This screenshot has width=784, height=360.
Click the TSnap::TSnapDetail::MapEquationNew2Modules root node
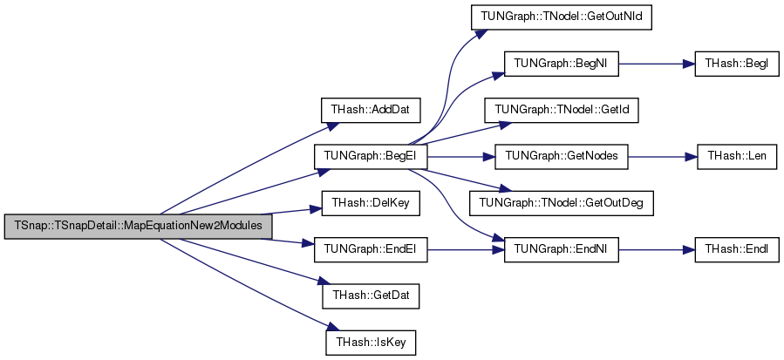(x=139, y=226)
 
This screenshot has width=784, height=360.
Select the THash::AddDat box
(x=370, y=110)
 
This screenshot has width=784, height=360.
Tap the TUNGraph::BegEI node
(x=371, y=157)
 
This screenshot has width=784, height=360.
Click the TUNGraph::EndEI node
(x=371, y=249)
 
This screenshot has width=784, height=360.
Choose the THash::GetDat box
(x=370, y=296)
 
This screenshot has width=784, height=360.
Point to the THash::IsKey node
(x=371, y=343)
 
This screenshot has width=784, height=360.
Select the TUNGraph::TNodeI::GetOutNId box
(x=561, y=17)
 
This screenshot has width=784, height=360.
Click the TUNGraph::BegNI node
(x=561, y=64)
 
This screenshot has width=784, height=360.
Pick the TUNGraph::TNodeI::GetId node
(x=561, y=110)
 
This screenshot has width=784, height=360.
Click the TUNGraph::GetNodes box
(x=561, y=157)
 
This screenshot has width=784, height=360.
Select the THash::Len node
(x=737, y=157)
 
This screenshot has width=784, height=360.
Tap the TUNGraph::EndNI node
(x=561, y=249)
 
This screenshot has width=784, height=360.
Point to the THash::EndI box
(x=737, y=249)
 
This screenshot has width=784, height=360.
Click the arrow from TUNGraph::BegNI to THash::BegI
(x=657, y=64)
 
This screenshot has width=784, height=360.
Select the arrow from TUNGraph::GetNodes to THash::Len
(x=663, y=157)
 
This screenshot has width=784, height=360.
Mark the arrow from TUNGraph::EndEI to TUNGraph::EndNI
(x=466, y=249)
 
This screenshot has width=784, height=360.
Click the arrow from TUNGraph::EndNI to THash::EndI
(x=657, y=249)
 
